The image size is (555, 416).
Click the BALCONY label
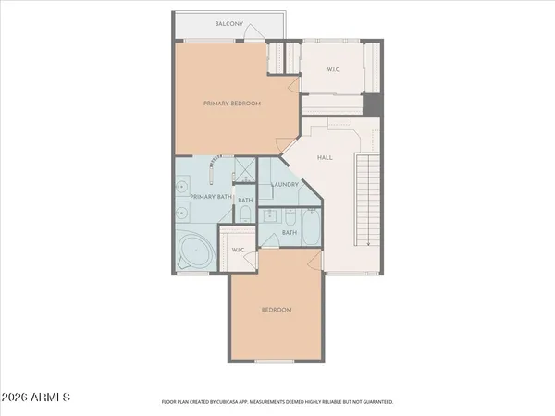point(228,23)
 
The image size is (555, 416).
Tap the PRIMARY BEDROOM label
point(232,104)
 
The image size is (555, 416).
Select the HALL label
point(325,157)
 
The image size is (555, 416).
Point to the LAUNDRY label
point(285,184)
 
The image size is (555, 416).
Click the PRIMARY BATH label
point(210,196)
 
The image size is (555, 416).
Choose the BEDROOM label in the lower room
point(276,309)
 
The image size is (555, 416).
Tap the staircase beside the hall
point(369,200)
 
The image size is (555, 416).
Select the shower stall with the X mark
point(245,169)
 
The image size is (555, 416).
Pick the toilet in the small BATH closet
point(245,214)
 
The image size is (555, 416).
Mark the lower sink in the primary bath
point(180,214)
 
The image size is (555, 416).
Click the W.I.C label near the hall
point(334,70)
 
